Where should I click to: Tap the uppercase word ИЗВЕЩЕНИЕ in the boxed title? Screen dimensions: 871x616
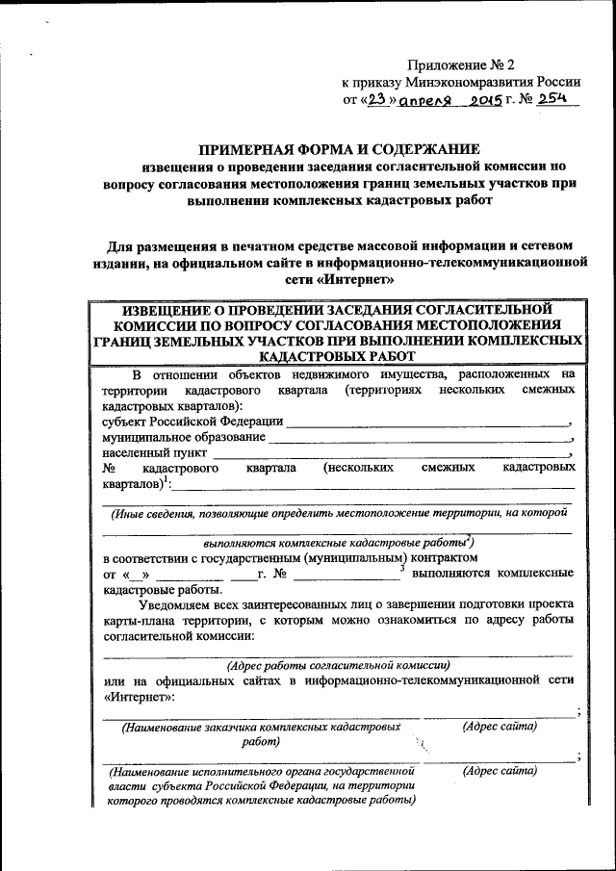click(x=168, y=310)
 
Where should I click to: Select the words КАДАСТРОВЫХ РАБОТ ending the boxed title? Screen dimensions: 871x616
click(x=336, y=356)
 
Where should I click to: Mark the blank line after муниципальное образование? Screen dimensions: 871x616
click(x=420, y=438)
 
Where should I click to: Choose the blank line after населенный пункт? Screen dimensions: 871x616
click(x=391, y=453)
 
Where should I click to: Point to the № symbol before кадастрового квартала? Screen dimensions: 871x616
click(x=109, y=468)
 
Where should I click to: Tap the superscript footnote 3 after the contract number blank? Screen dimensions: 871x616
click(x=401, y=568)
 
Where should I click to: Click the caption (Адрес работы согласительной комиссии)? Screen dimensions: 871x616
click(x=337, y=665)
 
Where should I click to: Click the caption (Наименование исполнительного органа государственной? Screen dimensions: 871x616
click(x=262, y=772)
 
